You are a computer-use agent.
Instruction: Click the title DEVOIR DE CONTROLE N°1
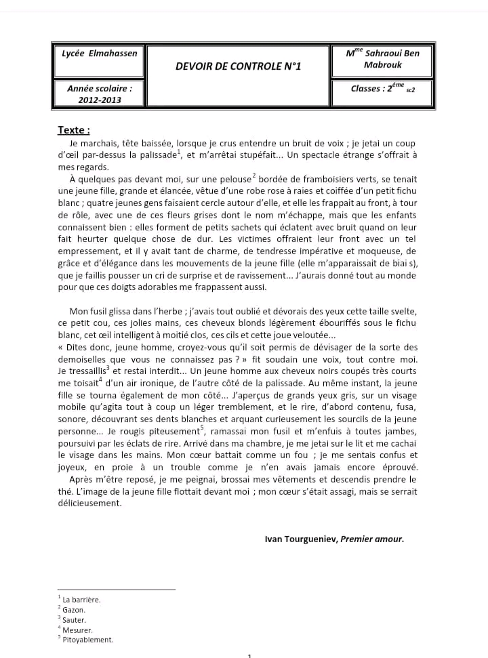238,66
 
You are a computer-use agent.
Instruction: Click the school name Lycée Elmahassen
99,54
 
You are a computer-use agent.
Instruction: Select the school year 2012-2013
99,100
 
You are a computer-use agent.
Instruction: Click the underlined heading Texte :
74,130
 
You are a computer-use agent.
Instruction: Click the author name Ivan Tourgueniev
301,539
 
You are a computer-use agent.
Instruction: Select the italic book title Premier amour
372,539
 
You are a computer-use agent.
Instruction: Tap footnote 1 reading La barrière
81,600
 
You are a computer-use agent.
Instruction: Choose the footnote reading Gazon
74,610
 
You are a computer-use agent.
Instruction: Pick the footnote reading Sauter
74,620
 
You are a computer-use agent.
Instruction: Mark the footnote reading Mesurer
77,630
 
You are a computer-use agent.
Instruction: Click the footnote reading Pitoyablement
87,640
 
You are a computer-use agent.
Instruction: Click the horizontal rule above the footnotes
117,590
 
